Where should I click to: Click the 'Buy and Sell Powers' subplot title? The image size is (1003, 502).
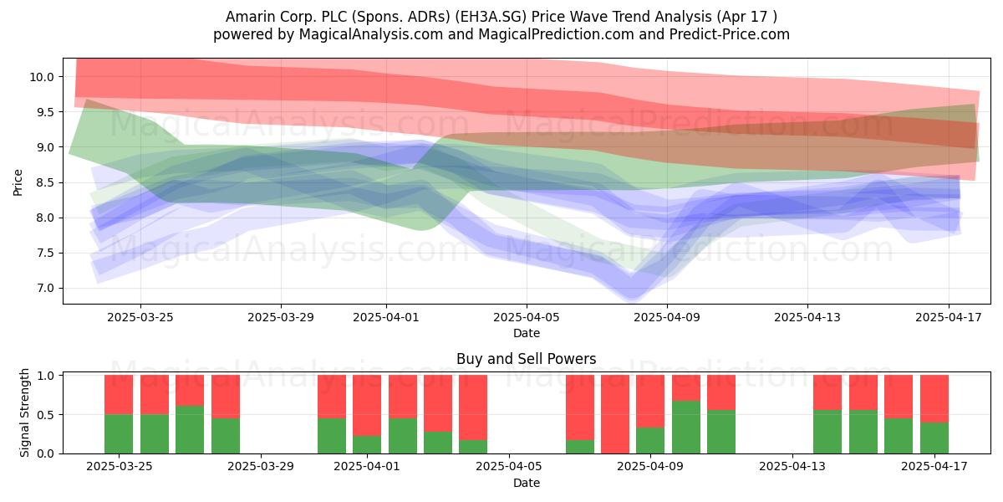click(526, 359)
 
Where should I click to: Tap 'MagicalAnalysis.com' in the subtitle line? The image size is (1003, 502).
click(371, 34)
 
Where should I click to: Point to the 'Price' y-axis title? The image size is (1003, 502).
click(18, 182)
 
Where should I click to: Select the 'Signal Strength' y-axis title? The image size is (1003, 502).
click(24, 412)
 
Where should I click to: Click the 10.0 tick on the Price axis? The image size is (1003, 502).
click(42, 77)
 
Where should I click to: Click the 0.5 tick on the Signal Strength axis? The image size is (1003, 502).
click(45, 415)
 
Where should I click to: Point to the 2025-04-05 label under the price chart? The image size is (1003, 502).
click(526, 317)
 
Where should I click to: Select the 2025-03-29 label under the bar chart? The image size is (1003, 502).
click(261, 467)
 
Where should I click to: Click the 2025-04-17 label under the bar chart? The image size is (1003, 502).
click(934, 467)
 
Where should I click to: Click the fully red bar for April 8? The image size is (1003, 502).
click(615, 414)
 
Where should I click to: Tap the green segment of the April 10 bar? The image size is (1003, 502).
click(686, 428)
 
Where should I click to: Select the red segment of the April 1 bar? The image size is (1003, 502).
click(367, 406)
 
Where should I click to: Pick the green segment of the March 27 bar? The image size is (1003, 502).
click(190, 429)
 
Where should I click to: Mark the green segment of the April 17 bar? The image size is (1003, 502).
click(934, 438)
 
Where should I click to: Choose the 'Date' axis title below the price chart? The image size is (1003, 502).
click(526, 333)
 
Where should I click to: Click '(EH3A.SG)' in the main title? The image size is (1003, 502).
click(491, 17)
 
